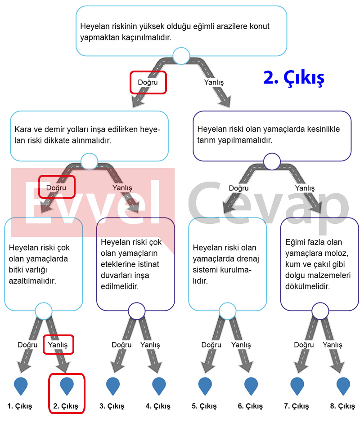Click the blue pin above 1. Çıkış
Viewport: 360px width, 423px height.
[x=21, y=386]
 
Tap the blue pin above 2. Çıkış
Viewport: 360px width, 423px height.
[x=67, y=386]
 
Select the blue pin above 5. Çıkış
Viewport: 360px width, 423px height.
[x=205, y=386]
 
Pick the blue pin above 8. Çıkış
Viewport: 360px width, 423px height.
[x=343, y=386]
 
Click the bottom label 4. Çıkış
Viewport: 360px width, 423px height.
[x=158, y=406]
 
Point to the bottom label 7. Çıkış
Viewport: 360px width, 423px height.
[x=296, y=406]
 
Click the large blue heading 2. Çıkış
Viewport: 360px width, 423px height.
[x=293, y=78]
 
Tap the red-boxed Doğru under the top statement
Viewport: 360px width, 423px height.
[x=148, y=82]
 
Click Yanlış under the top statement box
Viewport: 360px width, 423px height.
[x=214, y=82]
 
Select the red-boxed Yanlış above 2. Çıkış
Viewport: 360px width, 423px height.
[x=58, y=345]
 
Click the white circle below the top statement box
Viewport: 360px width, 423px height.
[x=181, y=56]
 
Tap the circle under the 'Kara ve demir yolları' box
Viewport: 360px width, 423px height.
[x=89, y=161]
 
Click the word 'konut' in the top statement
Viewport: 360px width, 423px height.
[x=260, y=27]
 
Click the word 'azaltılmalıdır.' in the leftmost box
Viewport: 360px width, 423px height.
[x=32, y=281]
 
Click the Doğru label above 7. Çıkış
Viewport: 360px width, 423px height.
[x=304, y=345]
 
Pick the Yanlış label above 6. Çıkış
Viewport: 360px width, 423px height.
[x=241, y=345]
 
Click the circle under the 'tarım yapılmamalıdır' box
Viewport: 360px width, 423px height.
[x=272, y=161]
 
